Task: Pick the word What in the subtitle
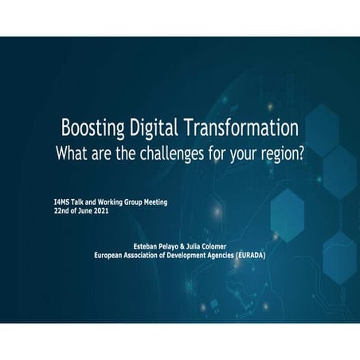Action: [70, 153]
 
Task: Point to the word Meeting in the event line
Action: [154, 202]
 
